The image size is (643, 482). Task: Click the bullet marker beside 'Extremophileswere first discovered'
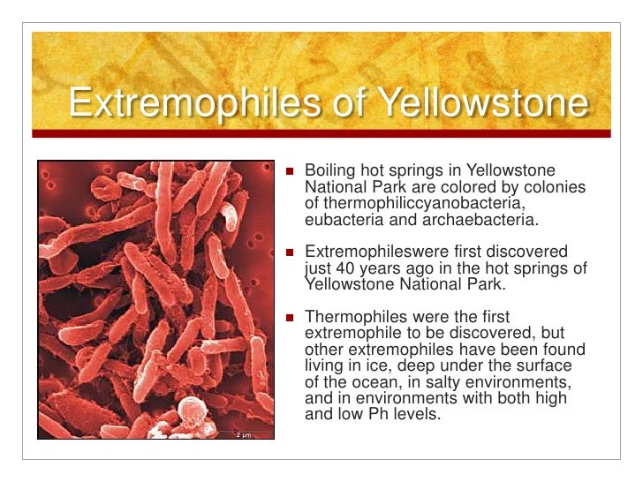289,252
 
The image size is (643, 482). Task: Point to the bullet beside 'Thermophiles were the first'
289,316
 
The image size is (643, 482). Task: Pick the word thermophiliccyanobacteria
412,203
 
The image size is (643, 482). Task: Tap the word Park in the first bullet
390,187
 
